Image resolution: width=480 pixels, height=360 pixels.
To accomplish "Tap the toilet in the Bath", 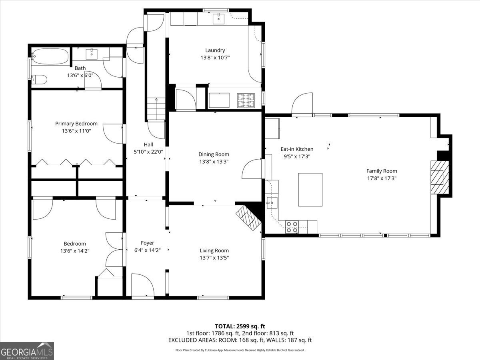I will pyautogui.click(x=39, y=80).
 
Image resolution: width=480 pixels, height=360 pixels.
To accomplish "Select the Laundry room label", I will pyautogui.click(x=215, y=50).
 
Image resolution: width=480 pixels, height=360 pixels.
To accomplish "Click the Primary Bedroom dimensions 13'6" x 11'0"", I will pyautogui.click(x=76, y=131).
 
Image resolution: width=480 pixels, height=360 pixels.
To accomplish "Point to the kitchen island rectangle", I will pyautogui.click(x=310, y=190).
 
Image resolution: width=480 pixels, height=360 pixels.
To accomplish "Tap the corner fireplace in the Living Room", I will pyautogui.click(x=248, y=218).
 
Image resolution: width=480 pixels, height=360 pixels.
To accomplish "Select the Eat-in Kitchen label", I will pyautogui.click(x=297, y=149).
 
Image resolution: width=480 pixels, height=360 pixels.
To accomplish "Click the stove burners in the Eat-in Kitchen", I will pyautogui.click(x=292, y=227).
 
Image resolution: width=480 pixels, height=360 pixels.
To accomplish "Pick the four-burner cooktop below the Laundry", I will pyautogui.click(x=246, y=100).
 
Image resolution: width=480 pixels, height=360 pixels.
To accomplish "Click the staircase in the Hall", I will pyautogui.click(x=156, y=109).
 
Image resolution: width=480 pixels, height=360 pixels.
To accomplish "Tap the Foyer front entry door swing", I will pyautogui.click(x=142, y=286).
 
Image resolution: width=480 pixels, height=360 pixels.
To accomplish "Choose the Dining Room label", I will pyautogui.click(x=214, y=154).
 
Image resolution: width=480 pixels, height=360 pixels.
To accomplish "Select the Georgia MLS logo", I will pyautogui.click(x=27, y=351).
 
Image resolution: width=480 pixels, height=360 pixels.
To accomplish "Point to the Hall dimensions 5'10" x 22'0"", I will pyautogui.click(x=148, y=152).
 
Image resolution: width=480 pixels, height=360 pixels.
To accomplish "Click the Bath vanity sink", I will pyautogui.click(x=92, y=53).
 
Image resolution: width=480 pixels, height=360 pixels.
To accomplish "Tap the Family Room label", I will pyautogui.click(x=382, y=171).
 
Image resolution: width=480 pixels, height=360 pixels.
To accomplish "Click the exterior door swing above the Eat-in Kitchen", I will pyautogui.click(x=302, y=105).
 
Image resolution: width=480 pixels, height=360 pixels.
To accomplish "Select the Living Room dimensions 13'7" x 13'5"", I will pyautogui.click(x=214, y=258).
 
